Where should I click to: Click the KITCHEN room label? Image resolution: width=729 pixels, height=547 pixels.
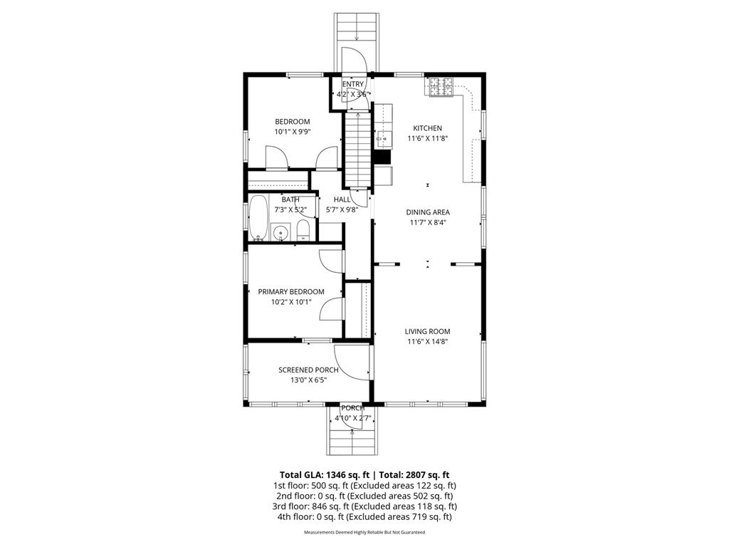[427, 128]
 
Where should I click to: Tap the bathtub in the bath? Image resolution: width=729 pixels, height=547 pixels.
[257, 218]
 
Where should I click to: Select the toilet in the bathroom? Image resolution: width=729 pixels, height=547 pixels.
[303, 229]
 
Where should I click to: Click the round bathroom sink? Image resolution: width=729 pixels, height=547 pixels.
[280, 231]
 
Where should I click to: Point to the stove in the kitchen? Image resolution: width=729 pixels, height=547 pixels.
[439, 86]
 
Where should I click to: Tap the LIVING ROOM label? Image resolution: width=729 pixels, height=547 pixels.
[427, 331]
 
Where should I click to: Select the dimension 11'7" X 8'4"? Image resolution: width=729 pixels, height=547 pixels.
[427, 222]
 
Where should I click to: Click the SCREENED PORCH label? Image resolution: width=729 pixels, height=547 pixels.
[308, 370]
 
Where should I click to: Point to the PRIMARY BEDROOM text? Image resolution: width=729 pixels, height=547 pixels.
[291, 291]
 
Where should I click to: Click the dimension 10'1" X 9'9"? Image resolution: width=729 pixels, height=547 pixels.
[293, 132]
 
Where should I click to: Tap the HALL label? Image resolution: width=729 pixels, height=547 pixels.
[342, 199]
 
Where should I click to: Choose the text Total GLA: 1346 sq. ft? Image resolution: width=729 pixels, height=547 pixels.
[325, 474]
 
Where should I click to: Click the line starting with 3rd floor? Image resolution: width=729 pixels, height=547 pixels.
[364, 506]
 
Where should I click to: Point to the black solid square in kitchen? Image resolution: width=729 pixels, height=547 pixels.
[382, 157]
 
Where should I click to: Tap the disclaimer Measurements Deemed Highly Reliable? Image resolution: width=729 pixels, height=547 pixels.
[364, 532]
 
